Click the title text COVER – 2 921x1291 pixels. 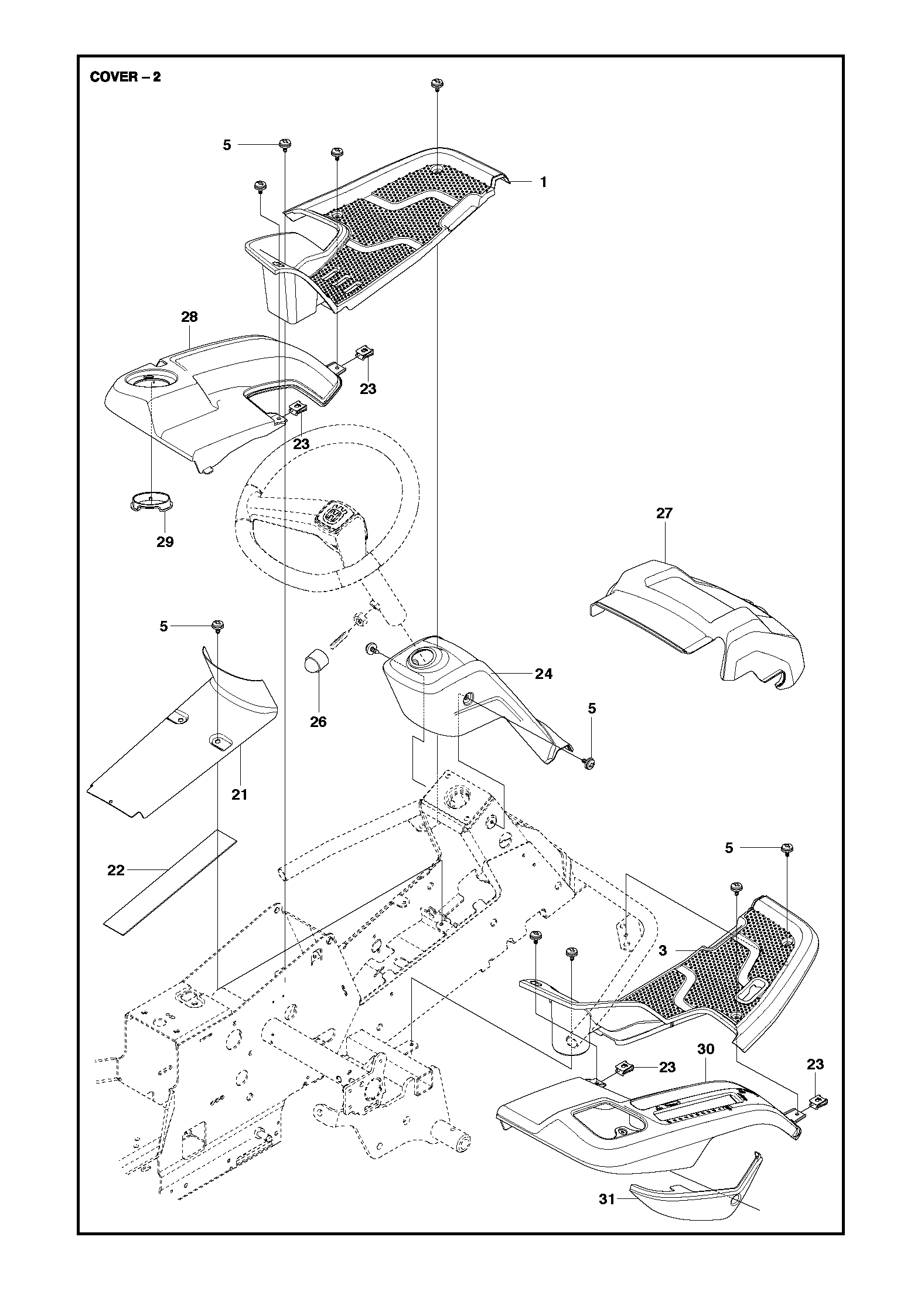[x=125, y=77]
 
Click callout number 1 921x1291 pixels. [x=543, y=182]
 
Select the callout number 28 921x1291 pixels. [x=189, y=317]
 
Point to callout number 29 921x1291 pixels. [x=165, y=542]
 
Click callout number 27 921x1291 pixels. [x=664, y=514]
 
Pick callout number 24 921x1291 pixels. [x=544, y=674]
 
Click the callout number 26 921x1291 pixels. [x=318, y=722]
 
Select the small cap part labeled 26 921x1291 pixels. [x=317, y=663]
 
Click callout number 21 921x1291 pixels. [x=239, y=794]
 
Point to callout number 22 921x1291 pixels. [x=116, y=871]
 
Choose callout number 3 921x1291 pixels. [x=663, y=951]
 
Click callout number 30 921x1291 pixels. [x=706, y=1049]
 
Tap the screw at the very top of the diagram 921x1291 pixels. [x=436, y=83]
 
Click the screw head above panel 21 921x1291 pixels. [x=219, y=626]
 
